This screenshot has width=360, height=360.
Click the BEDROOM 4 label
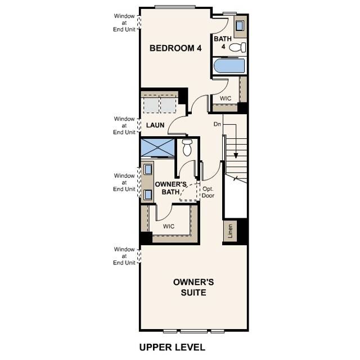175,48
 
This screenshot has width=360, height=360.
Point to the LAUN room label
155,125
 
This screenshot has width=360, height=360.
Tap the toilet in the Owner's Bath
187,148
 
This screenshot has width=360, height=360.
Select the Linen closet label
229,231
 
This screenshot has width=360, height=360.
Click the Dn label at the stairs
217,124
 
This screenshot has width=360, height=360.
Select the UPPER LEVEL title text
172,347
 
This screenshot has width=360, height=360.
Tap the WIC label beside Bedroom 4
226,98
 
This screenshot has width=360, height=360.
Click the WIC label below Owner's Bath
169,226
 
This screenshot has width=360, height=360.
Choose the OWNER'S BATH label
170,188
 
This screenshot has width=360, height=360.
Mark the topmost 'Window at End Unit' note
124,22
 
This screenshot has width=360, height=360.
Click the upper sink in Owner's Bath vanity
147,169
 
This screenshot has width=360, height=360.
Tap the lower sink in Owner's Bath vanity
147,195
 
